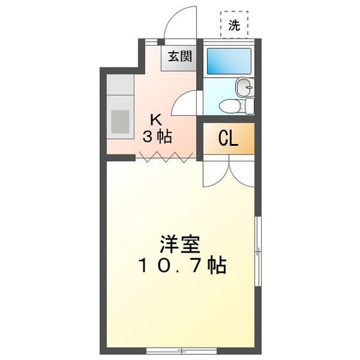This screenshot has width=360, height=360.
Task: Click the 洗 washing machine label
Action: (234, 26)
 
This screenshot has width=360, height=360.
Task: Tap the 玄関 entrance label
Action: (180, 56)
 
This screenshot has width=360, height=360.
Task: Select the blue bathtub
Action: (229, 62)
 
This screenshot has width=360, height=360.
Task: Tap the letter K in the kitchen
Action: (156, 119)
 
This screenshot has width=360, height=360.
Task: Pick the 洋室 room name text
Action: (180, 244)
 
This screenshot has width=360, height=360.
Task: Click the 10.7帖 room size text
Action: (180, 265)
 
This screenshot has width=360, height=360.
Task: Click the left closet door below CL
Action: (215, 170)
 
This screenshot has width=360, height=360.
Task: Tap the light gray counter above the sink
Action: (120, 87)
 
